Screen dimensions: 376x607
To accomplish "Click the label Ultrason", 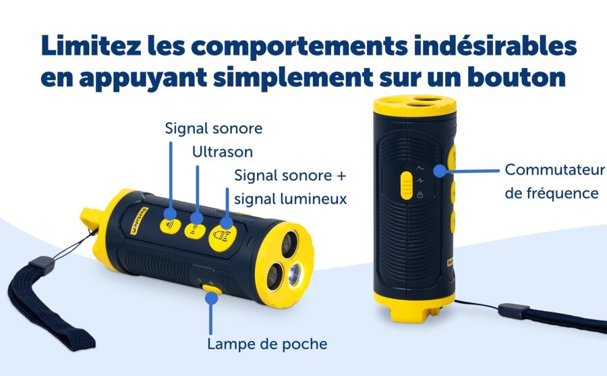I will point(222,152).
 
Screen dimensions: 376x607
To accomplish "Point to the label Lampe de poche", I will point(267,344).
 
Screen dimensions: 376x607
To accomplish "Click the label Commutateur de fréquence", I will point(554,181).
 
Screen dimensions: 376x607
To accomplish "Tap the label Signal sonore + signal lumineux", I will point(290,187).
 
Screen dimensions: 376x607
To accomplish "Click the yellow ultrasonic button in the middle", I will point(196,227).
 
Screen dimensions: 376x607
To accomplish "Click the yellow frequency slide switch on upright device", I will point(406,186).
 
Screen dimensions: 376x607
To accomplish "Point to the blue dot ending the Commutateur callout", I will point(440,171).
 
